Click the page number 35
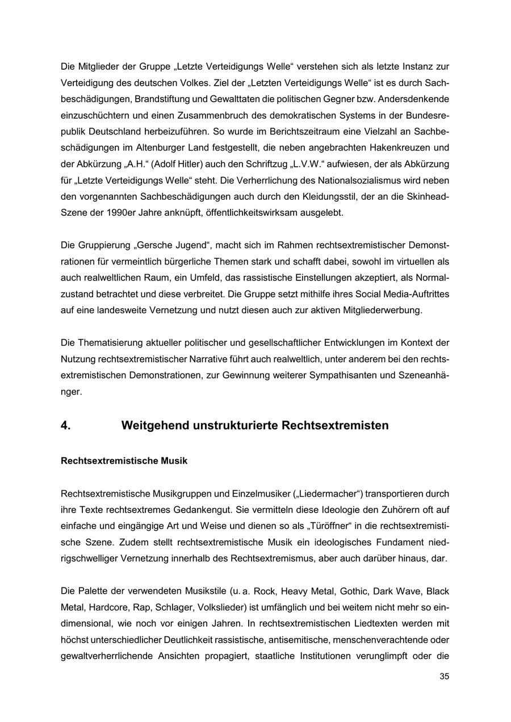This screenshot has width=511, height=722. point(444,676)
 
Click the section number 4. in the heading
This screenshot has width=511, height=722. point(66,425)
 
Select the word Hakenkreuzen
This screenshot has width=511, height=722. point(417,148)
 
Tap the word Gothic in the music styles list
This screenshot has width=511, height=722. point(354,591)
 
